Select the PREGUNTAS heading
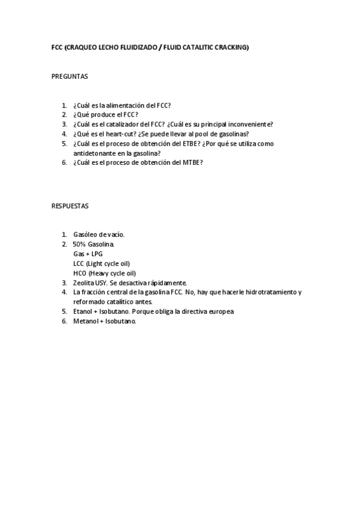click(70, 76)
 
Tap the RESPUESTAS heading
click(70, 206)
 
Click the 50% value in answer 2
click(79, 244)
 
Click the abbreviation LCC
click(79, 263)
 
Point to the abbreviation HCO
click(80, 273)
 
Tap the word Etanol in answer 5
click(82, 312)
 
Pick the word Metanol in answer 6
click(85, 321)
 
